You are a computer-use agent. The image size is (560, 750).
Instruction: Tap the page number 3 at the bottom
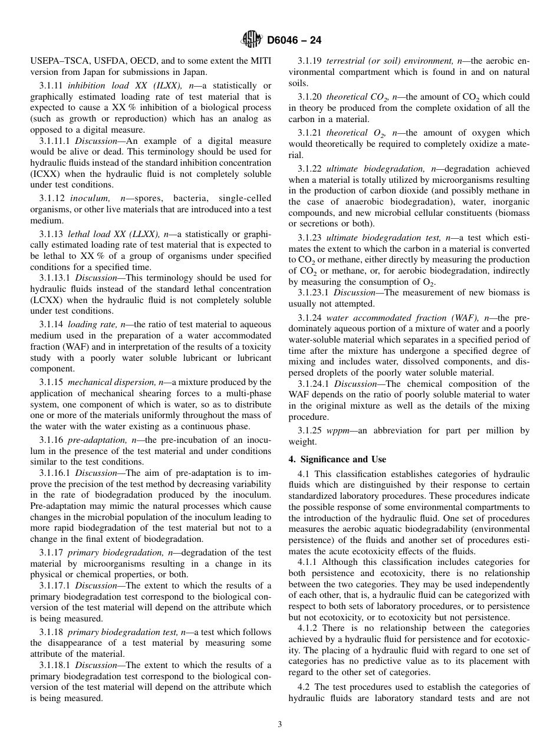[x=280, y=725]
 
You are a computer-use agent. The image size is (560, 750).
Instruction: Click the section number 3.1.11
[x=51, y=85]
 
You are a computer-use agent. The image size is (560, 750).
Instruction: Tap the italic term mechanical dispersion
[x=110, y=383]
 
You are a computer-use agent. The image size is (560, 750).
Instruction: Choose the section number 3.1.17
[x=51, y=552]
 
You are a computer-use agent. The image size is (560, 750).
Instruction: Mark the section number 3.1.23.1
[x=314, y=292]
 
